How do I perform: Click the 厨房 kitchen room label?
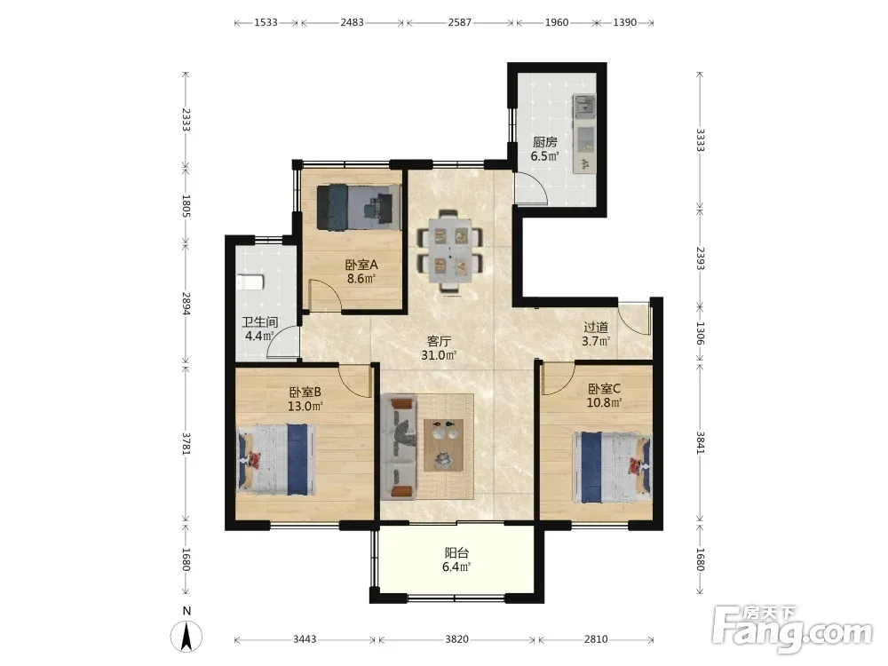[x=545, y=142]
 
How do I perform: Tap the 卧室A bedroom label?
[x=361, y=265]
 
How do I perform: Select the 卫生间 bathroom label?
[x=260, y=323]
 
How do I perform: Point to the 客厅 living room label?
[x=439, y=342]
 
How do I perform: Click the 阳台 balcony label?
[x=456, y=552]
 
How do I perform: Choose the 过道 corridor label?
[x=597, y=328]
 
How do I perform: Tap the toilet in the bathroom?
[x=250, y=282]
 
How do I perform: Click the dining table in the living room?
[x=451, y=250]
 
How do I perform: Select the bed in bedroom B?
[x=276, y=460]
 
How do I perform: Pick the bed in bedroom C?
[x=612, y=467]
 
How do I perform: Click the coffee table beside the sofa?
[x=444, y=445]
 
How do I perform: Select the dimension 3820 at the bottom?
[x=456, y=639]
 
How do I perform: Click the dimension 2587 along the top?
[x=459, y=23]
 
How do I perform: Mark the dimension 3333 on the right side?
[x=700, y=140]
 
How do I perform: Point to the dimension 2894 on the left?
[x=186, y=304]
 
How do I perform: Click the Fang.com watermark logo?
[x=793, y=630]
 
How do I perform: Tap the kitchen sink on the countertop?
[x=584, y=105]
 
